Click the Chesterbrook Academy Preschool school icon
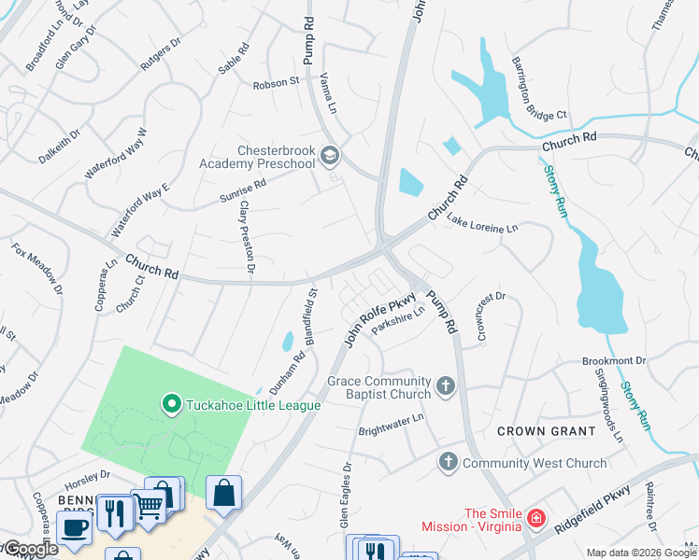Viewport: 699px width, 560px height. point(328,155)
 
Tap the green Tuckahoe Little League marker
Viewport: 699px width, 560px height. point(171,404)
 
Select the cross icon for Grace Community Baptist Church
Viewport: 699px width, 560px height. point(447,385)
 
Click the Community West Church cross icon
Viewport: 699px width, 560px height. point(449,462)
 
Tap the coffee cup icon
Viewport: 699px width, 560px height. point(74,526)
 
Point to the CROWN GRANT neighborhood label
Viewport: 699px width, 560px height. point(546,431)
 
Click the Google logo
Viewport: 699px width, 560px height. point(30,549)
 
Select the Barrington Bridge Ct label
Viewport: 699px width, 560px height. point(538,89)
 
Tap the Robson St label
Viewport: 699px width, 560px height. point(275,82)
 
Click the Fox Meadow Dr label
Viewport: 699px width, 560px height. point(37,269)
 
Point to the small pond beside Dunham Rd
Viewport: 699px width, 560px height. point(287,343)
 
